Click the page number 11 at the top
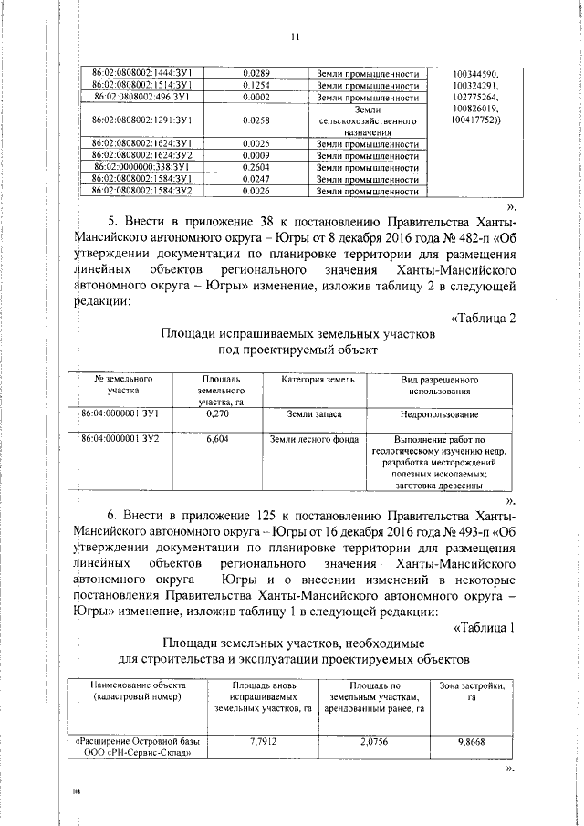click(295, 37)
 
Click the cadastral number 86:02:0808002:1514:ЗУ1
click(147, 84)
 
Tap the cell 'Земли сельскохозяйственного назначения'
click(368, 120)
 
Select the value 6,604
click(217, 439)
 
